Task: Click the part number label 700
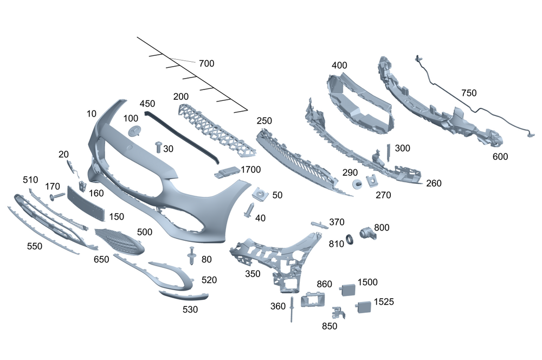click(207, 63)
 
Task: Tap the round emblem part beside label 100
click(134, 130)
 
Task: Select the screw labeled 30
click(158, 146)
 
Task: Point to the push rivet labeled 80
click(192, 255)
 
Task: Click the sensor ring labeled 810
click(350, 237)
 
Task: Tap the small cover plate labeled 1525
click(362, 307)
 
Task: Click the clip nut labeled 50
click(261, 194)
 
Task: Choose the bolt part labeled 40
click(250, 210)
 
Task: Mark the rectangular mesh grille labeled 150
click(84, 202)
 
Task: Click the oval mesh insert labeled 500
click(119, 241)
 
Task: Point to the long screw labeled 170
click(56, 197)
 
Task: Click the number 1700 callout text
click(251, 170)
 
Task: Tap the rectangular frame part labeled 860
click(313, 299)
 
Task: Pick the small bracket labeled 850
click(337, 313)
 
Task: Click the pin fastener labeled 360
click(292, 309)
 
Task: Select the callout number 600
click(500, 156)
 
